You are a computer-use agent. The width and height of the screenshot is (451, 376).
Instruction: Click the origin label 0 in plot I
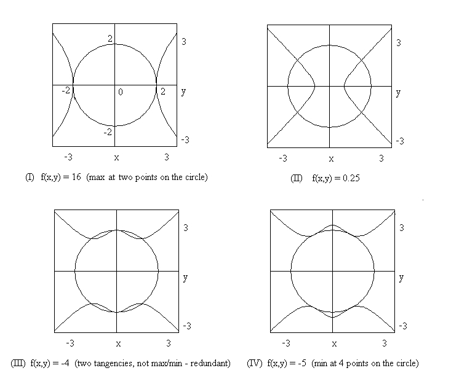click(x=120, y=92)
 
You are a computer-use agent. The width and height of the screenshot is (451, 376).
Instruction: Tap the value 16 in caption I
click(x=76, y=177)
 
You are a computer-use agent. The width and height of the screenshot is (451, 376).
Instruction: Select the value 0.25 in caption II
click(x=351, y=178)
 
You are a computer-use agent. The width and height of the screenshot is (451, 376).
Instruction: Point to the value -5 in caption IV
click(x=302, y=363)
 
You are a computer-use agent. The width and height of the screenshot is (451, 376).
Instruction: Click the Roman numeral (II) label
click(x=297, y=178)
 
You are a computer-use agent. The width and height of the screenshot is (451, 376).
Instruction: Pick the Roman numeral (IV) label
click(x=255, y=363)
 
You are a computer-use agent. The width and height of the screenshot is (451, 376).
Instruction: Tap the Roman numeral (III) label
click(x=18, y=363)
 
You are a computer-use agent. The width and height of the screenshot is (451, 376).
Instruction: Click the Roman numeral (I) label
click(x=30, y=177)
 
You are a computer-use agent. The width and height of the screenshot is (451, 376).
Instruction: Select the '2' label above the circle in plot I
click(x=110, y=39)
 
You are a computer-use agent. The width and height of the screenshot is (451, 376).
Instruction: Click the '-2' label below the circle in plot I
click(x=108, y=132)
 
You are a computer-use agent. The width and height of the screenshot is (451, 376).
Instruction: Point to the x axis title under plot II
click(x=332, y=159)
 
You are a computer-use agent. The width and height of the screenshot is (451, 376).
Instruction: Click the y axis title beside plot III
click(x=185, y=278)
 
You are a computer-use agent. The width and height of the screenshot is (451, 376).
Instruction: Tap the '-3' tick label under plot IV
click(x=286, y=343)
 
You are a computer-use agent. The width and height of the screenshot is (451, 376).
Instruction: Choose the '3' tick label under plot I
click(x=167, y=157)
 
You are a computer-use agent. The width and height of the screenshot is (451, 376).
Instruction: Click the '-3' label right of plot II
click(x=400, y=141)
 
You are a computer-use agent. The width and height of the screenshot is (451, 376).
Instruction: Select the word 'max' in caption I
click(x=97, y=177)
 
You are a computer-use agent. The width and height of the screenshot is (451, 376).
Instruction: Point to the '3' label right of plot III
click(x=186, y=228)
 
